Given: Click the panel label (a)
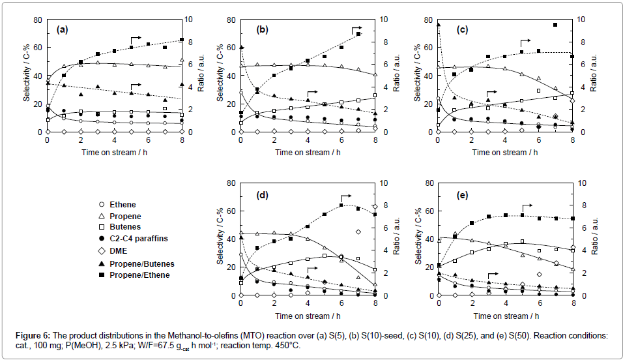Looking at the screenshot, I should [x=63, y=29].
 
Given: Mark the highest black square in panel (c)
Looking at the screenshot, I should [x=555, y=25].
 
